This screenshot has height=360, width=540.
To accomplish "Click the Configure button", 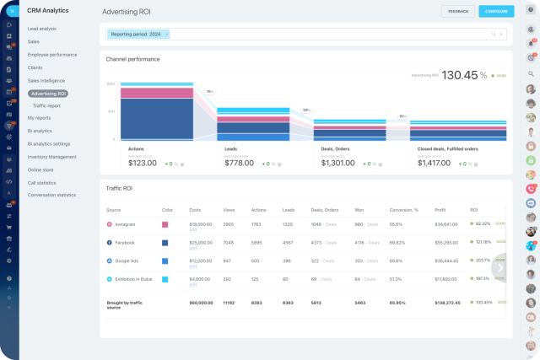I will click(496, 12).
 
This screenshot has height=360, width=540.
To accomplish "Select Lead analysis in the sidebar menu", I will click(43, 29).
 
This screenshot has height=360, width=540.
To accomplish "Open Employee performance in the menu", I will click(52, 54).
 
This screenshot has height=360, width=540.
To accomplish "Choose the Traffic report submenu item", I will click(46, 105).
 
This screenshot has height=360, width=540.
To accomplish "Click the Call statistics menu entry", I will click(42, 182).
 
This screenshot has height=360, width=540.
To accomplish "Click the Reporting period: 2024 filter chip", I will click(136, 35).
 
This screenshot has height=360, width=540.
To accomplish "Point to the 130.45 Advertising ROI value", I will click(459, 75).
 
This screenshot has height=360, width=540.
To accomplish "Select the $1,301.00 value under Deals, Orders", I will click(340, 164).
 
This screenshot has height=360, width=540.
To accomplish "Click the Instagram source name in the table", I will click(126, 224).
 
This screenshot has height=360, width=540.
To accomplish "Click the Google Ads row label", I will click(127, 261).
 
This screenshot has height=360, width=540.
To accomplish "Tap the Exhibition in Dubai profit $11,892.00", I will click(445, 278).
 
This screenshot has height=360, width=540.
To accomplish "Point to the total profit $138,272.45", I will click(446, 301).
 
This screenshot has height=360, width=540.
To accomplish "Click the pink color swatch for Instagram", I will click(166, 224).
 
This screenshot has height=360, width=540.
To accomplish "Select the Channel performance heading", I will click(132, 59).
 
